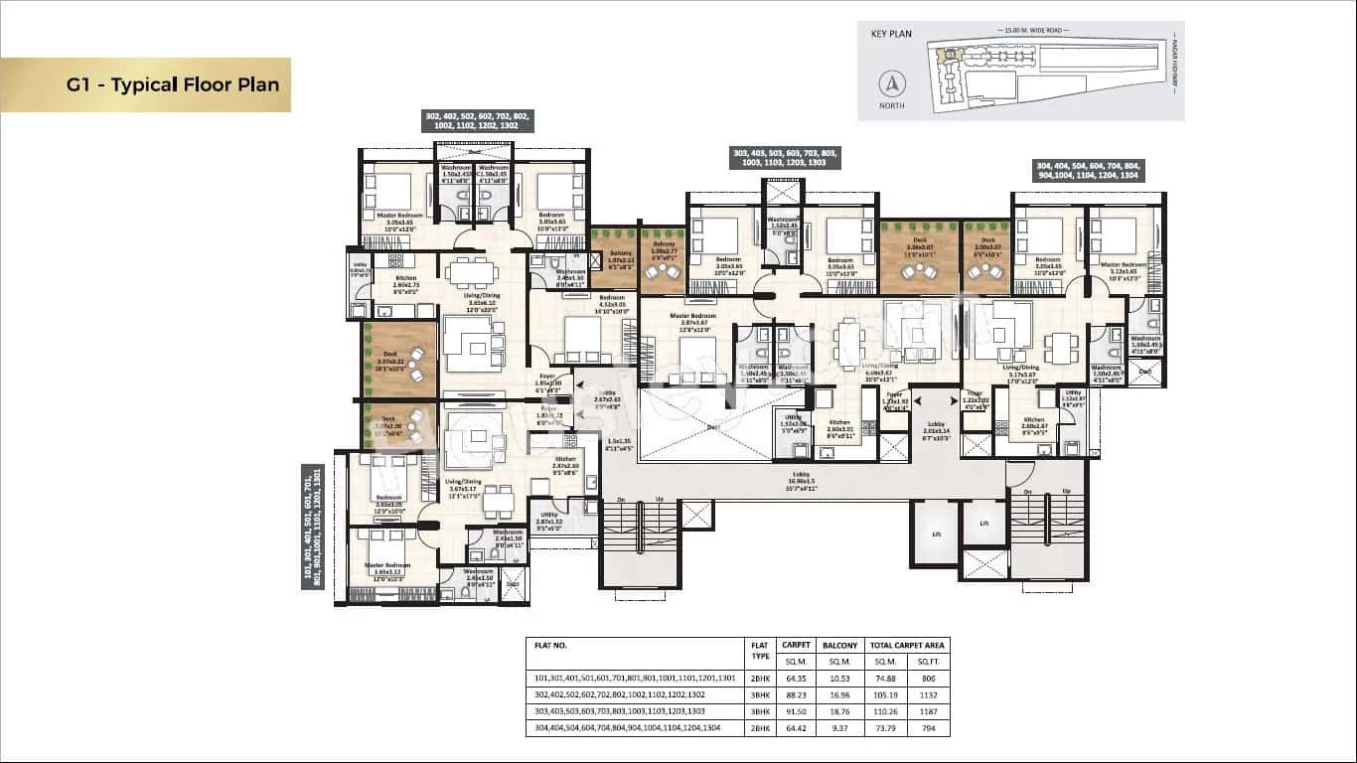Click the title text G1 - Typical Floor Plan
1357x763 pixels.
click(173, 84)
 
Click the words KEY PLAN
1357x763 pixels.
click(891, 33)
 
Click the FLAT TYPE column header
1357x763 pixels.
click(759, 651)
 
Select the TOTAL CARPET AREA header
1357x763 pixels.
click(908, 645)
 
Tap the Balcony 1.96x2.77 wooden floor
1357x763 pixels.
click(662, 262)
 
